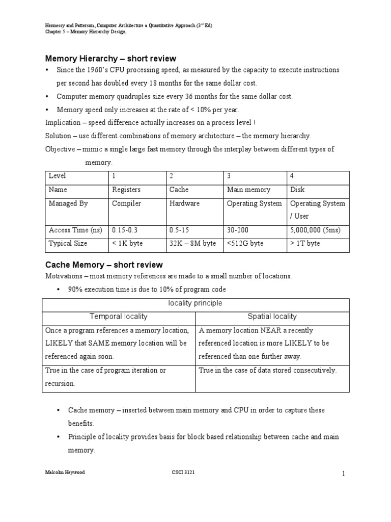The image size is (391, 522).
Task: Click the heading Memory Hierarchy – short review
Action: tap(111, 59)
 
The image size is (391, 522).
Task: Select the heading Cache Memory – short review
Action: tap(104, 265)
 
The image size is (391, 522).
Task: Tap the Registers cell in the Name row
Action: tap(126, 190)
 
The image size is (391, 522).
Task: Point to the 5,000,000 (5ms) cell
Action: tap(315, 230)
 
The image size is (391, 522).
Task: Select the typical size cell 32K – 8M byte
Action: tap(192, 243)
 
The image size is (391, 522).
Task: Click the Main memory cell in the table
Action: tap(248, 190)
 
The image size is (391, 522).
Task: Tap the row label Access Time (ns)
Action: tap(75, 230)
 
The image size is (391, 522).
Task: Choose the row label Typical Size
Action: tap(68, 243)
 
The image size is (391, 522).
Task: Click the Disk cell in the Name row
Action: tap(297, 190)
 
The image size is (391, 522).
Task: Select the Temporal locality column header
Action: tap(119, 317)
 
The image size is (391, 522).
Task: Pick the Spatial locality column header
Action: tap(273, 317)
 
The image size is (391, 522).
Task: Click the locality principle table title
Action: tap(195, 303)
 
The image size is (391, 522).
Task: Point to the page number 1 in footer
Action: tap(344, 474)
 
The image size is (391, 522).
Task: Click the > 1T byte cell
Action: tap(305, 243)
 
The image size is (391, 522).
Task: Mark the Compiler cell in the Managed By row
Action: tap(126, 203)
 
